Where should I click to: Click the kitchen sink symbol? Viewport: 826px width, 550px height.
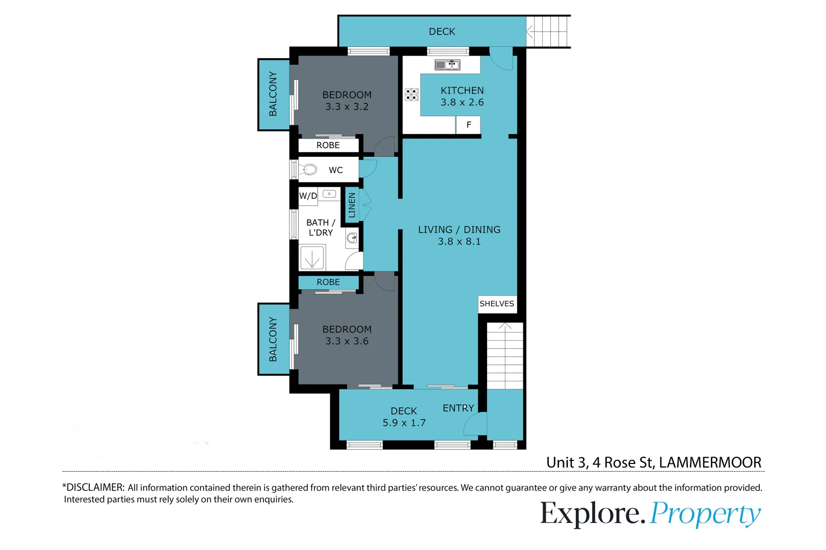(x=447, y=65)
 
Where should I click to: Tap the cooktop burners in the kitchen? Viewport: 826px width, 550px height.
(x=412, y=94)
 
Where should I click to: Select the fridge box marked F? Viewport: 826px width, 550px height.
(x=468, y=125)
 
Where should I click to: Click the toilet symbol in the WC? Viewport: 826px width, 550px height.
(x=309, y=170)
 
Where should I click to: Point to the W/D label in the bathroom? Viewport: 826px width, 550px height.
(x=308, y=196)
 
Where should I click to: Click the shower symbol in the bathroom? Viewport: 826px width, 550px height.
(x=312, y=258)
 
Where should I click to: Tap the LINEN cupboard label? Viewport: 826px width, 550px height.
(x=352, y=205)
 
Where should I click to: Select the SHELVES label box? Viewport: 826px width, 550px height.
(x=497, y=304)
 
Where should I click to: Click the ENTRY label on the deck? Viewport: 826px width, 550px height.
(x=458, y=408)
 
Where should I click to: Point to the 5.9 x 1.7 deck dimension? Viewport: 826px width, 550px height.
(x=404, y=423)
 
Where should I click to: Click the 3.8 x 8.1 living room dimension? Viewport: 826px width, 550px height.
(x=459, y=242)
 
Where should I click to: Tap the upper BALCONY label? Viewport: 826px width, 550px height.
(x=273, y=94)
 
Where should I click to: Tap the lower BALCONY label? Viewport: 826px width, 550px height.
(x=273, y=339)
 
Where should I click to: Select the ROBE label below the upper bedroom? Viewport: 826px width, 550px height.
(x=328, y=146)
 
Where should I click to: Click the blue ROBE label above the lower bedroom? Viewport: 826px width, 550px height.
(x=328, y=282)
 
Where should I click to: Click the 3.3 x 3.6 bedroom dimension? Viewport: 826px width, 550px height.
(x=347, y=342)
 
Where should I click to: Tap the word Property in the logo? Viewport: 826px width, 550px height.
(x=705, y=514)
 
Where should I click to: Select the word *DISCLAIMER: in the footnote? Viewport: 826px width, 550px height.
(x=93, y=487)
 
